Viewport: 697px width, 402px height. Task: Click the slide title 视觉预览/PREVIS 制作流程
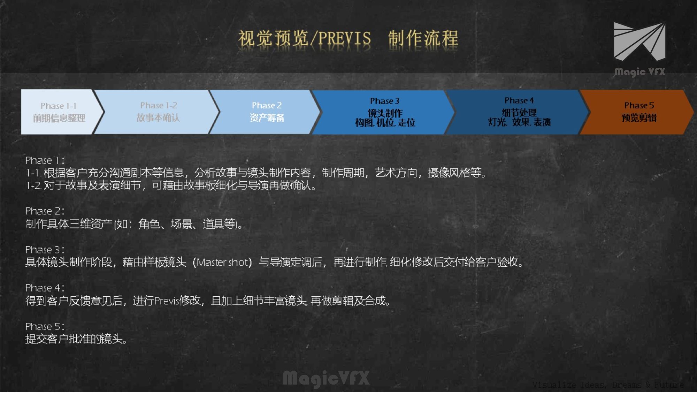[348, 38]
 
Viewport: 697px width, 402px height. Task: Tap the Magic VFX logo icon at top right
[639, 41]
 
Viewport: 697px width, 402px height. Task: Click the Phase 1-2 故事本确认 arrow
[158, 112]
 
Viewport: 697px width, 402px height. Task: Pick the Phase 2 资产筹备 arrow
[267, 112]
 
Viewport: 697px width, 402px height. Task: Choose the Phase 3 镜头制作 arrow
[385, 112]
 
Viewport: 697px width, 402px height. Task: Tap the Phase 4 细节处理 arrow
[519, 112]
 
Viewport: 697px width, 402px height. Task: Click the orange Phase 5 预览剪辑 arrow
[639, 112]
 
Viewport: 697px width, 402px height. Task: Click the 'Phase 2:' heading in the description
[45, 211]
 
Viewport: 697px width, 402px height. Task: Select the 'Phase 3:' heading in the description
[45, 250]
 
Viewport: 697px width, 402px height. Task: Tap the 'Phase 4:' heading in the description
[45, 288]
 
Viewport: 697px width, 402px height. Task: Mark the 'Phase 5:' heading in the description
[45, 326]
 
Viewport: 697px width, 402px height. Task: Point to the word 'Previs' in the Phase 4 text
[167, 301]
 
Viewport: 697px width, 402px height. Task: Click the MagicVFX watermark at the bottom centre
[326, 378]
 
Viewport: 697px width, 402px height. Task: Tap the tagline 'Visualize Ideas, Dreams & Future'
[608, 385]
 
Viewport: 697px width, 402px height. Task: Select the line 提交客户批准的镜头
[76, 339]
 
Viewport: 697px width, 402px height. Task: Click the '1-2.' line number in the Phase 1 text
[34, 185]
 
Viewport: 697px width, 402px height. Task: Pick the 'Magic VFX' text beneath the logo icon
[639, 72]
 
